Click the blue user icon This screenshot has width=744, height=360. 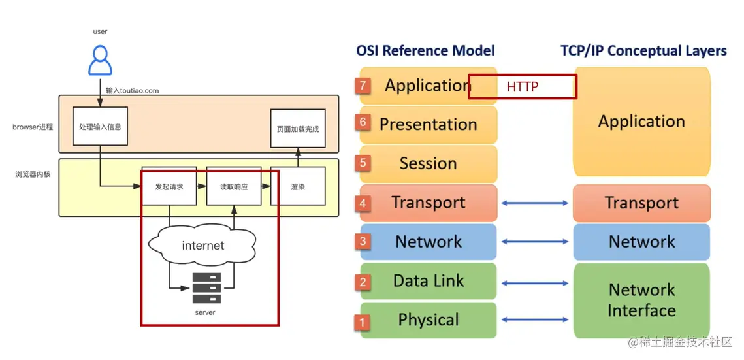click(x=100, y=60)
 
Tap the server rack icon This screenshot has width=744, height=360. click(x=206, y=288)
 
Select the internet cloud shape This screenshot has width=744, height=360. click(x=202, y=246)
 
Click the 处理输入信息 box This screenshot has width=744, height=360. click(x=100, y=126)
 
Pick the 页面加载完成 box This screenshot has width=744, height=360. click(x=298, y=128)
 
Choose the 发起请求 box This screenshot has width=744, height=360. click(x=169, y=186)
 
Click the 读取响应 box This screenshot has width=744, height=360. click(x=234, y=186)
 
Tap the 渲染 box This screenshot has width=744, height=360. click(x=298, y=186)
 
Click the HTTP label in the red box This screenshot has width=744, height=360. click(x=523, y=86)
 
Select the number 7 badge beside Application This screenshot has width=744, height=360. click(x=363, y=85)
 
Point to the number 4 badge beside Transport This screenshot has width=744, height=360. click(x=363, y=203)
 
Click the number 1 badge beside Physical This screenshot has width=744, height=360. click(x=363, y=321)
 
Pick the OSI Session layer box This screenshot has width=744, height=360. click(x=429, y=163)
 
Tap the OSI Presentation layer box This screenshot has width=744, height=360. click(x=429, y=124)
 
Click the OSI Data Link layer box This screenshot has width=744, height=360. click(x=429, y=281)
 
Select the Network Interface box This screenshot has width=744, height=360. click(x=641, y=300)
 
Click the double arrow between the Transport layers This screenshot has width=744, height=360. click(x=535, y=203)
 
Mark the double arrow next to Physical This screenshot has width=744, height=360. click(x=535, y=319)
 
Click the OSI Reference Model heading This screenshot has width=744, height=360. click(x=425, y=50)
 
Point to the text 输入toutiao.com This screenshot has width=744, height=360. click(x=133, y=91)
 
